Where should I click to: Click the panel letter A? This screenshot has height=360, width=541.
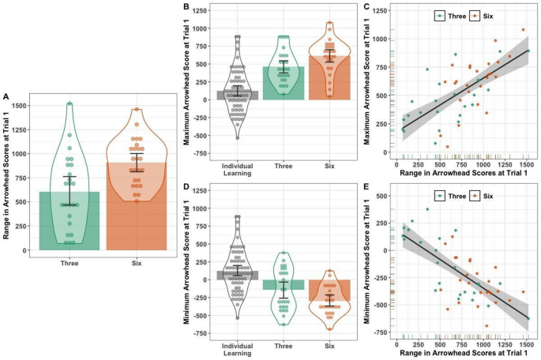(x=6, y=97)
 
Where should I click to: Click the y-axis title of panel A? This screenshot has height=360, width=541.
(x=7, y=178)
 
